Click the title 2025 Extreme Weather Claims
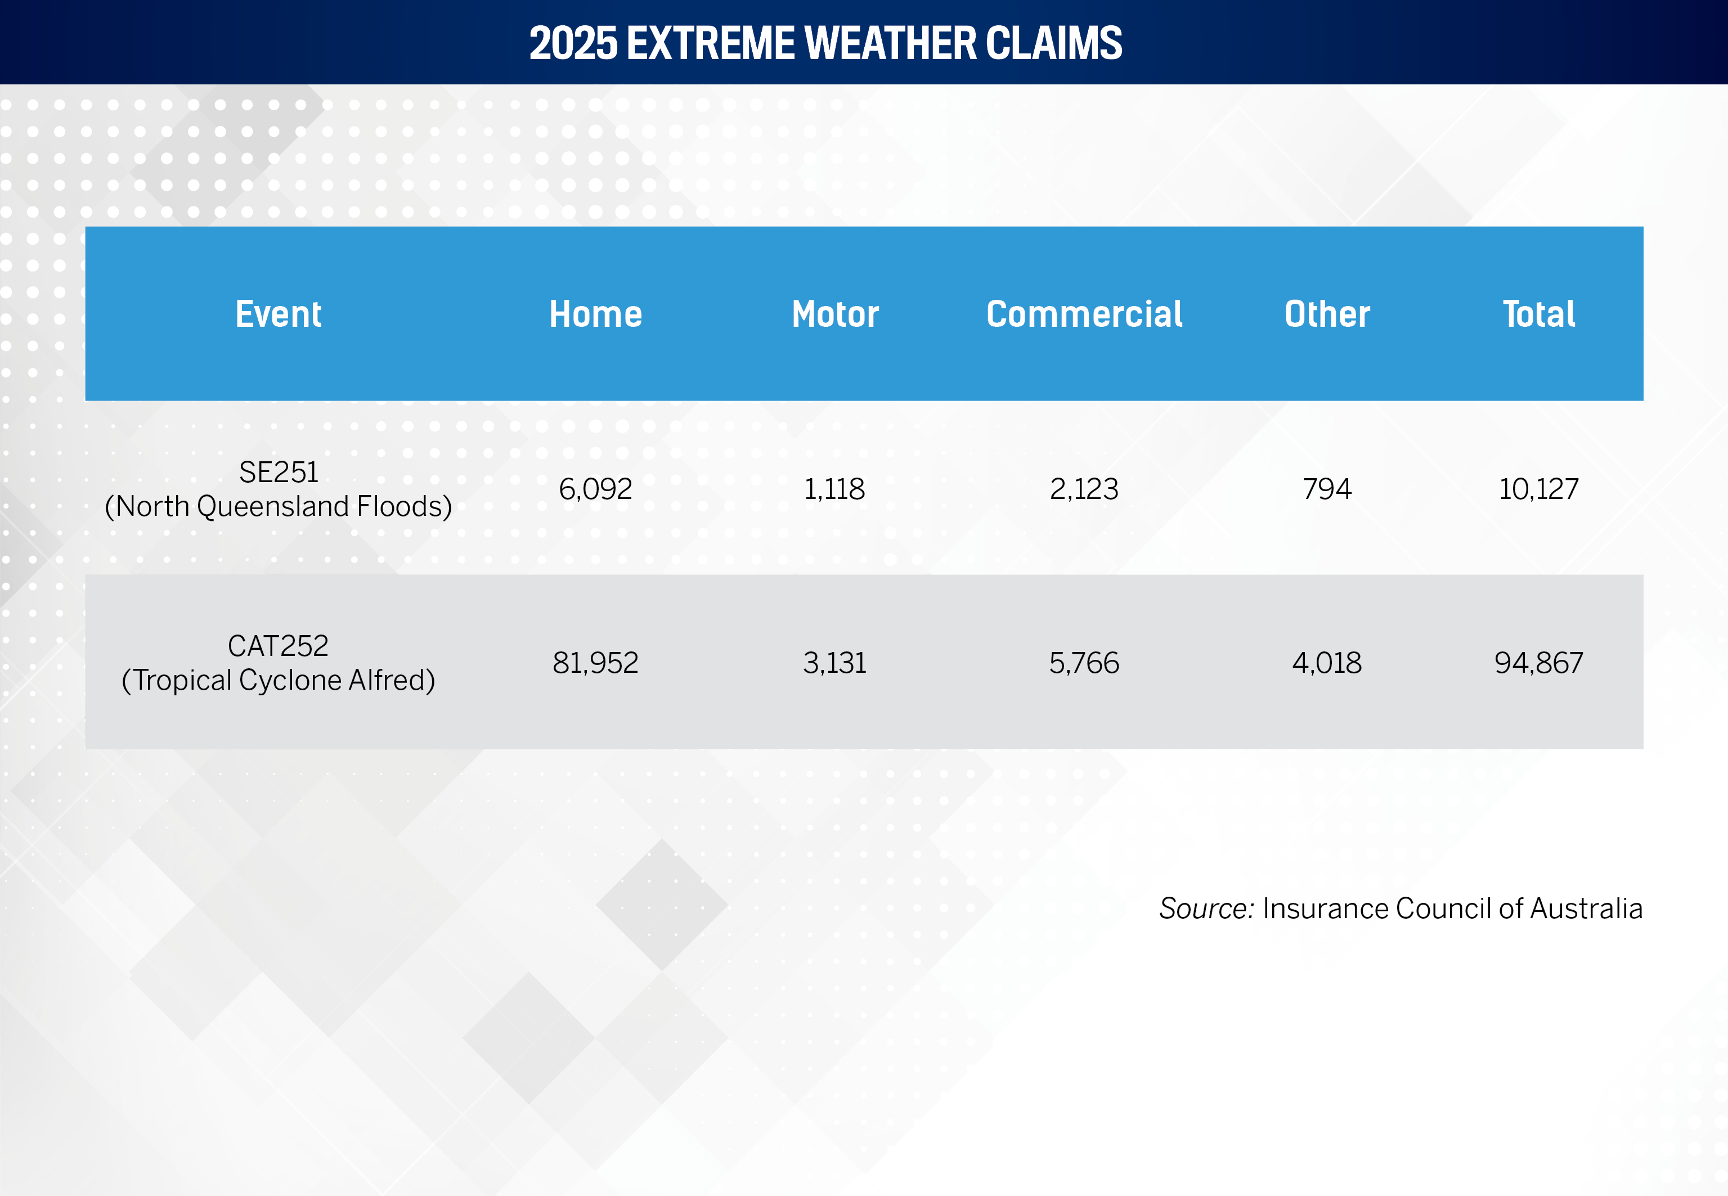pyautogui.click(x=826, y=43)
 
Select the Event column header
pyautogui.click(x=279, y=314)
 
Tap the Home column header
pyautogui.click(x=596, y=314)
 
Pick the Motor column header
pyautogui.click(x=836, y=314)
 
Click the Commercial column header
pyautogui.click(x=1084, y=314)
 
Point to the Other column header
pyautogui.click(x=1327, y=314)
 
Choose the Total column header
pyautogui.click(x=1539, y=314)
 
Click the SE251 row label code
pyautogui.click(x=279, y=472)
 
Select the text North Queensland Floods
pyautogui.click(x=278, y=506)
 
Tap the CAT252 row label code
pyautogui.click(x=278, y=646)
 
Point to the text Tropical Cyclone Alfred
pyautogui.click(x=278, y=681)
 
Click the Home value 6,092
pyautogui.click(x=596, y=489)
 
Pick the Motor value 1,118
pyautogui.click(x=835, y=489)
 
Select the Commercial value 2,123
pyautogui.click(x=1084, y=489)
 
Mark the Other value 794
pyautogui.click(x=1327, y=489)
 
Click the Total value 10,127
pyautogui.click(x=1539, y=489)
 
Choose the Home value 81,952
pyautogui.click(x=596, y=663)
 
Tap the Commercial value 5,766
pyautogui.click(x=1084, y=663)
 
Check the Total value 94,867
pyautogui.click(x=1539, y=663)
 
